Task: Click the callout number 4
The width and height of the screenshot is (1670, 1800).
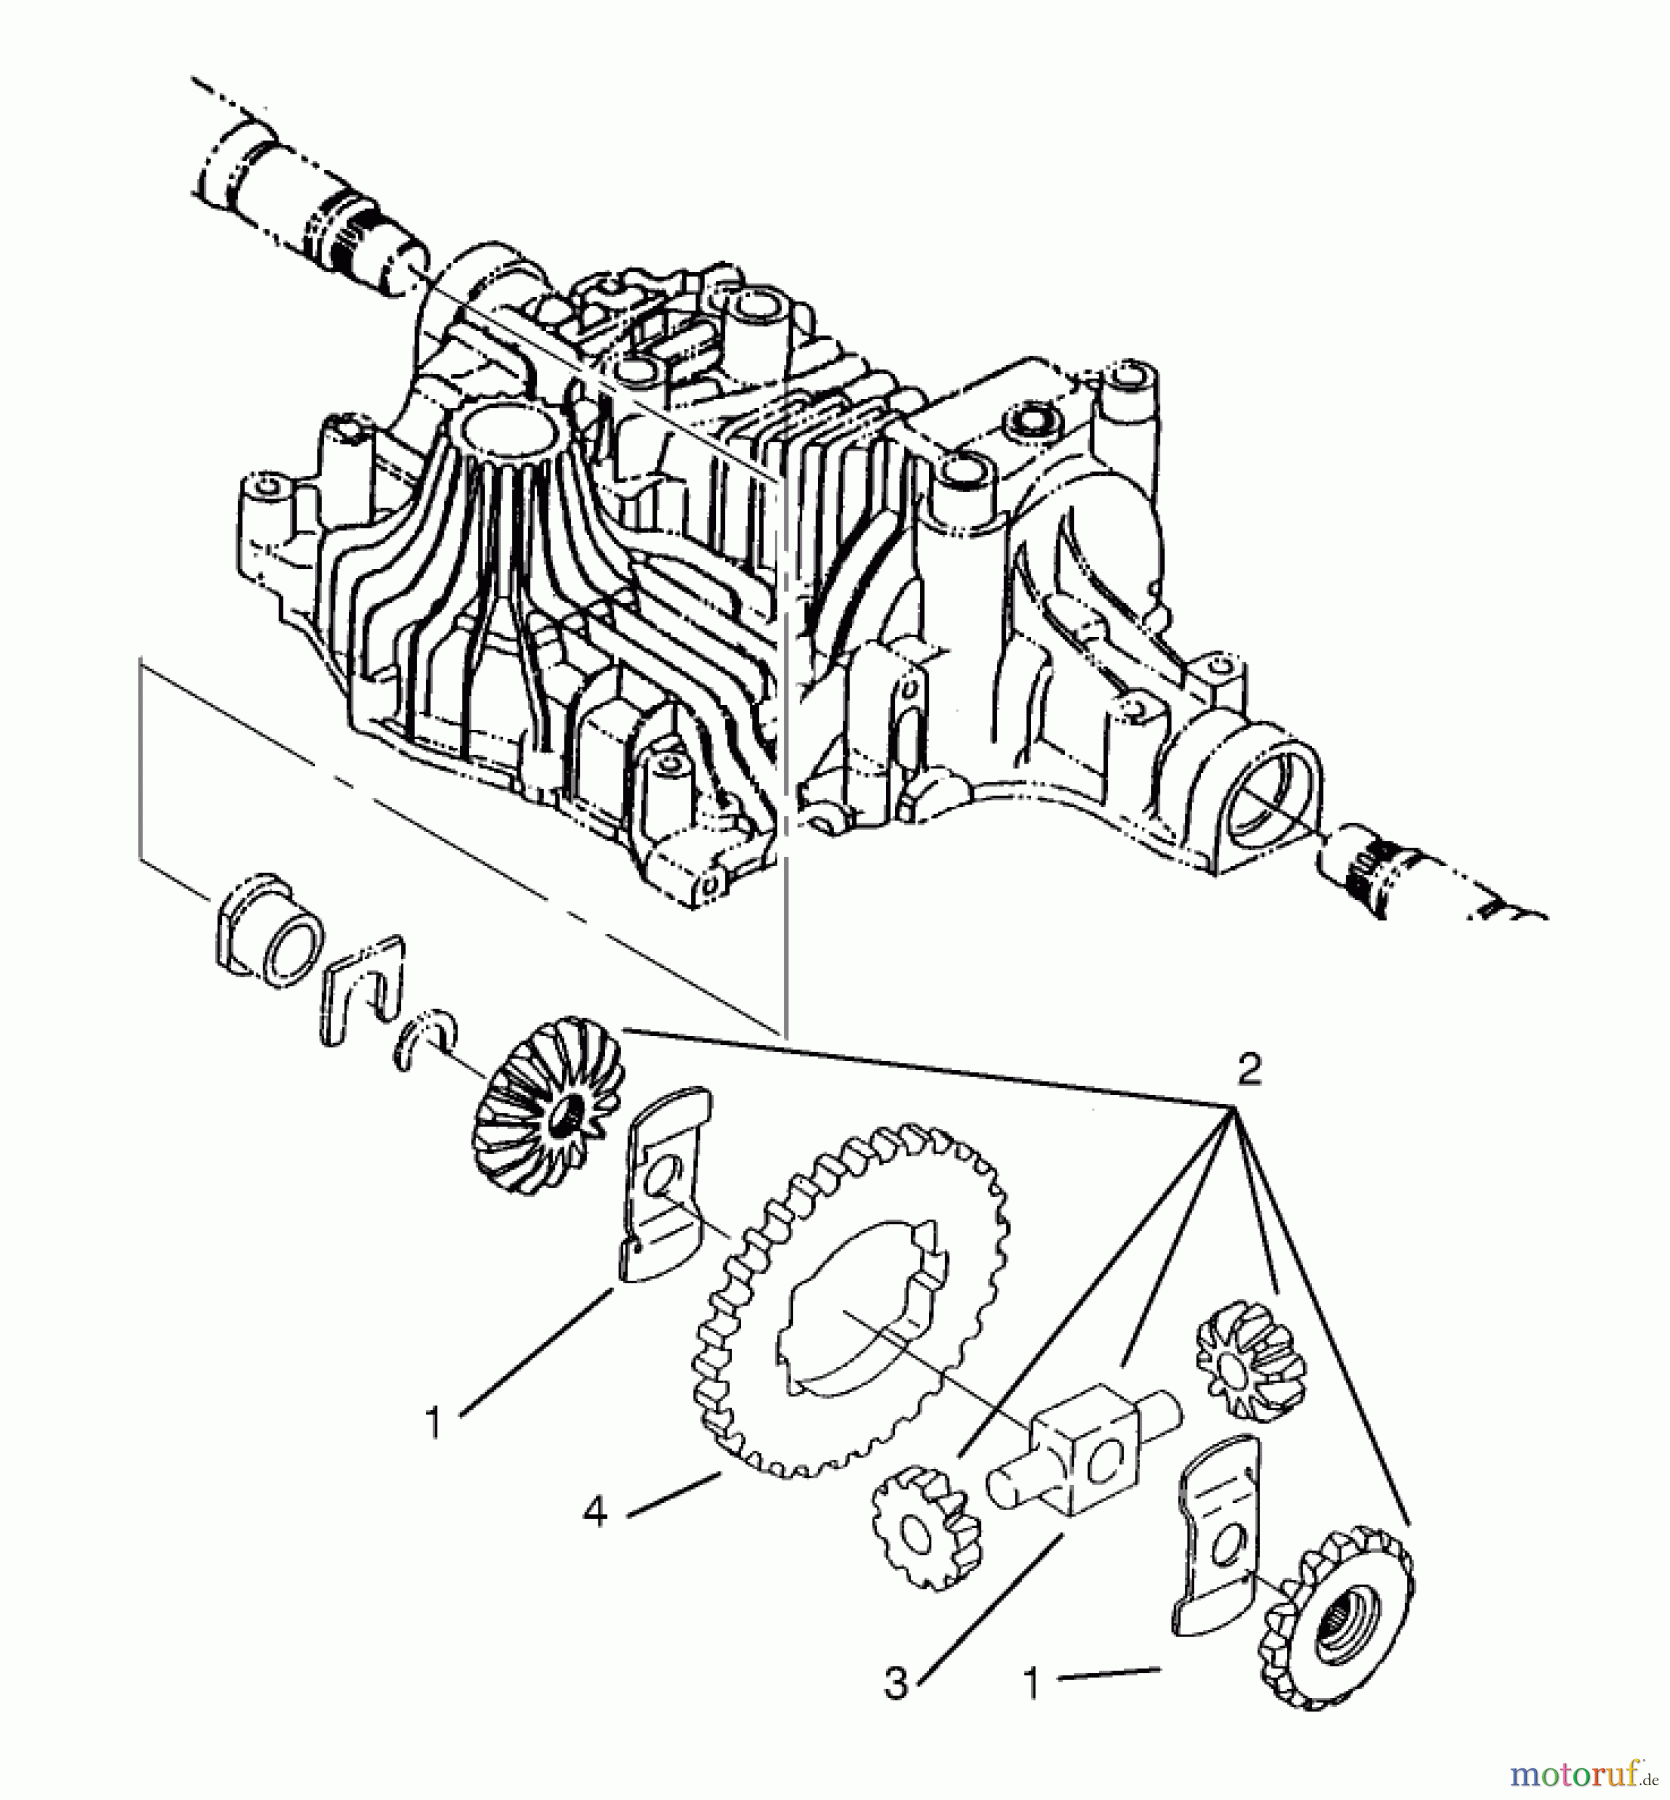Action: coord(595,1513)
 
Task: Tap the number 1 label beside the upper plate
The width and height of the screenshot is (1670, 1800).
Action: coord(432,1422)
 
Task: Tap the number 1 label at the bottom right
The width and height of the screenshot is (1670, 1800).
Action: coord(1032,1683)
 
